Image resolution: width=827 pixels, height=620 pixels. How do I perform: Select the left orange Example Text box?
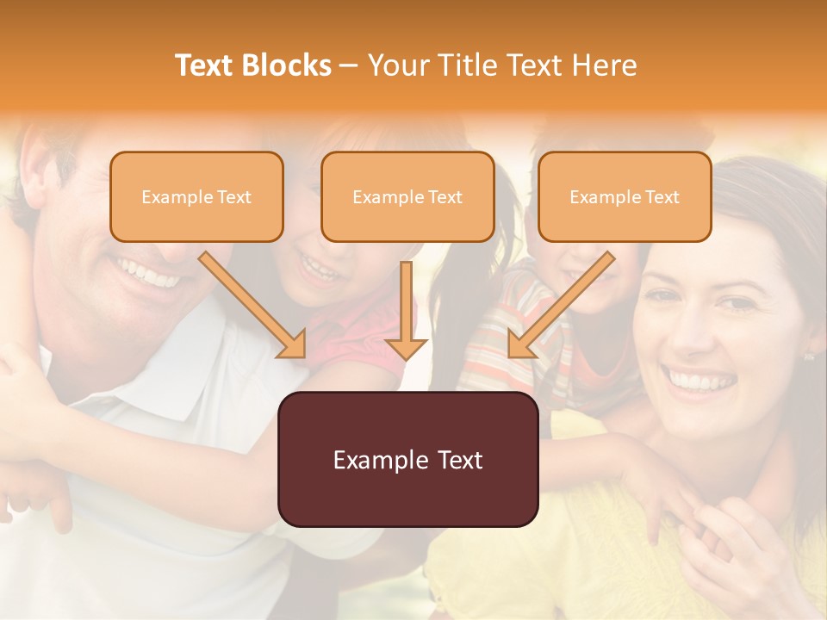pos(196,196)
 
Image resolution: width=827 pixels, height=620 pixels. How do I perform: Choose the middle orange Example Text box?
pos(407,196)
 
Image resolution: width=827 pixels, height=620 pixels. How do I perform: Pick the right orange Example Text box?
pos(625,196)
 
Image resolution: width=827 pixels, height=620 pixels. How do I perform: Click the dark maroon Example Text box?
pos(407,459)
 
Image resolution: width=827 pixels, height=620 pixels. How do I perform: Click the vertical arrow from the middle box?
pos(407,310)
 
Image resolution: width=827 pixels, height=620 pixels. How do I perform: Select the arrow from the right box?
pos(560,306)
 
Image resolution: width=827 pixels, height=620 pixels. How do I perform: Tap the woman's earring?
pos(809,355)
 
